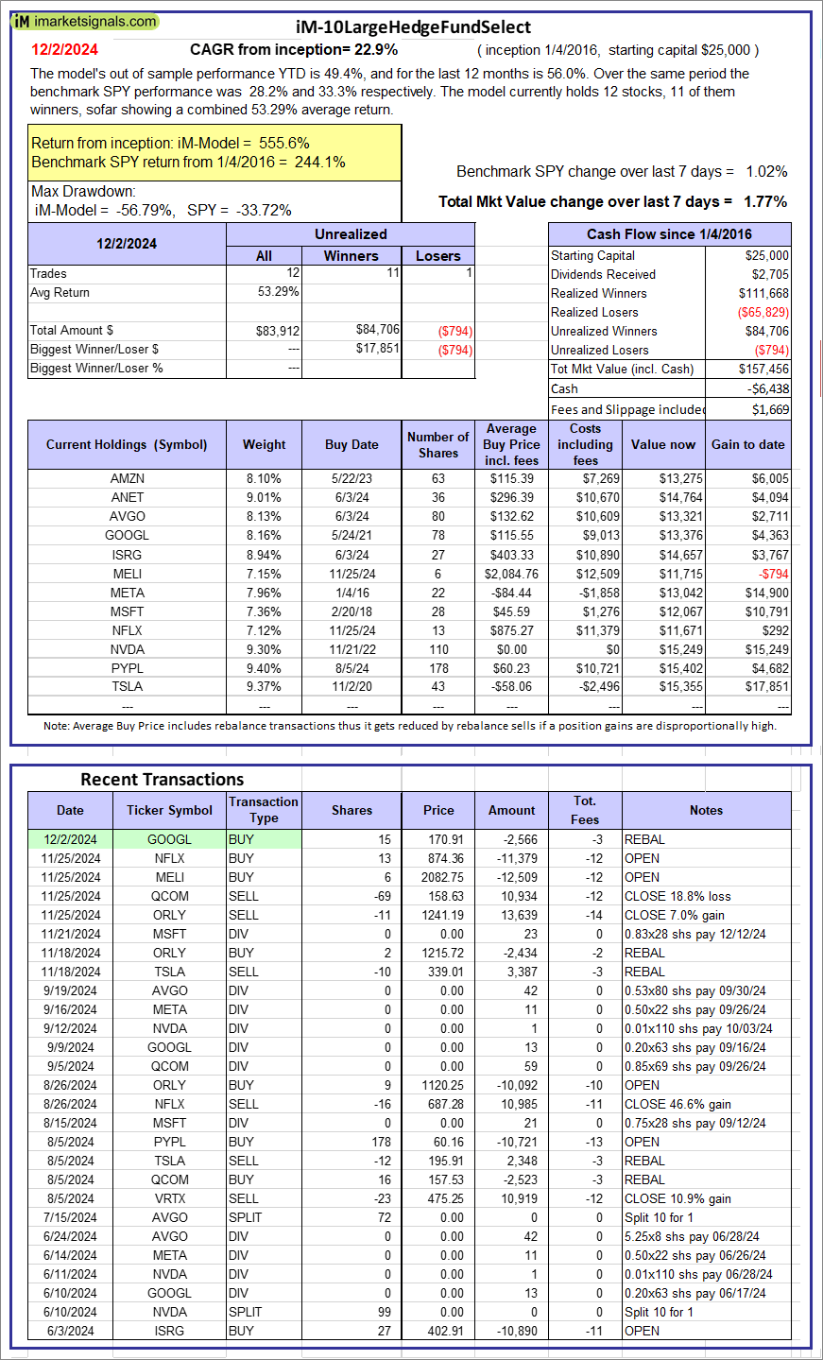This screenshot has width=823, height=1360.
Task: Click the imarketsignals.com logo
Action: [85, 22]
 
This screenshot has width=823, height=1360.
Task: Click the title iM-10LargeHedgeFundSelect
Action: [411, 27]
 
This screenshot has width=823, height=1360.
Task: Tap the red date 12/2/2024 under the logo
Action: [64, 50]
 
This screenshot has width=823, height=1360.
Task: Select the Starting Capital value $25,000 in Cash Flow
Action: [766, 255]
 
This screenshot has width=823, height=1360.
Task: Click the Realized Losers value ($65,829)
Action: [763, 312]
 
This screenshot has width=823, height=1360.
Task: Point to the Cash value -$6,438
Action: [767, 388]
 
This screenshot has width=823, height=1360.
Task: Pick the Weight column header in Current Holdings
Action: [264, 444]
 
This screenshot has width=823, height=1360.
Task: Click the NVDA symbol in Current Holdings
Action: [128, 649]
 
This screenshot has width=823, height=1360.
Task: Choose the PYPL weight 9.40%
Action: [264, 668]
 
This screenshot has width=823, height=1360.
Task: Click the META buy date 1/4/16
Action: [351, 593]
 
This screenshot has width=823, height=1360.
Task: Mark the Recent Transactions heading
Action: [163, 780]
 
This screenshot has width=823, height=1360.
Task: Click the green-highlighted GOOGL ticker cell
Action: [169, 839]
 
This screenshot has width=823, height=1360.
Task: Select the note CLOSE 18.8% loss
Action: [677, 896]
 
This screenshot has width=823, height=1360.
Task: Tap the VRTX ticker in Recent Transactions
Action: [170, 1198]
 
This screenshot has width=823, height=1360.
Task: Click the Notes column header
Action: [706, 810]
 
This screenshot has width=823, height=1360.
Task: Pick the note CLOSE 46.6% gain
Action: [677, 1104]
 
